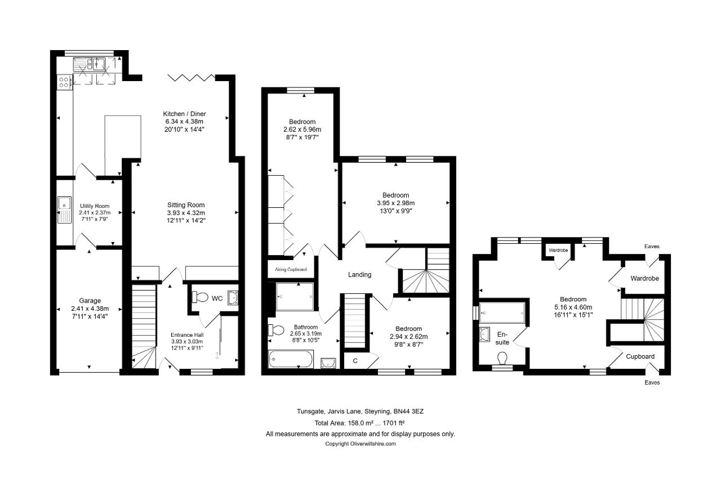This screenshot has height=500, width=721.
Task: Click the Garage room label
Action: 90,301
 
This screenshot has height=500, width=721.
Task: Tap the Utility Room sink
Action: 64,210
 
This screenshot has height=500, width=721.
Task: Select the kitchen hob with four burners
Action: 64,82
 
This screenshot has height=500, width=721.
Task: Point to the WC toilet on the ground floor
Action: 200,297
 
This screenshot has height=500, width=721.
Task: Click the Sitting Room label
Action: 186,205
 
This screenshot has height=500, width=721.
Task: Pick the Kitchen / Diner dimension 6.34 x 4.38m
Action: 184,122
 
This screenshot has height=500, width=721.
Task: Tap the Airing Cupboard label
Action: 291,269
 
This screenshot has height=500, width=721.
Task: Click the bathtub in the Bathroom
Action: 291,359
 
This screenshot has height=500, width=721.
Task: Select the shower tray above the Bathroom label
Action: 295,296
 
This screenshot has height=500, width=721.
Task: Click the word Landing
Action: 359,274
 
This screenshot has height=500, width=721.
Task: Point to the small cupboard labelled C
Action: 355,361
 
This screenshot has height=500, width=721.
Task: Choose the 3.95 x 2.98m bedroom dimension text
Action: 395,203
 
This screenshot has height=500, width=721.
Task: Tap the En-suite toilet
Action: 502,359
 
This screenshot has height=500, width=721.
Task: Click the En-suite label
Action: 502,338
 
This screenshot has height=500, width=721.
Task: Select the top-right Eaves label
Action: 652,247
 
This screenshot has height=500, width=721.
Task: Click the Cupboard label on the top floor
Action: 640,356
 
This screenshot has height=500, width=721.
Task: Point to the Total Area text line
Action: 359,423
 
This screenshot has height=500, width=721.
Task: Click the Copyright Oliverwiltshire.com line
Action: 360,444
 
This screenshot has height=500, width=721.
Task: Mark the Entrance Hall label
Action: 187,335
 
